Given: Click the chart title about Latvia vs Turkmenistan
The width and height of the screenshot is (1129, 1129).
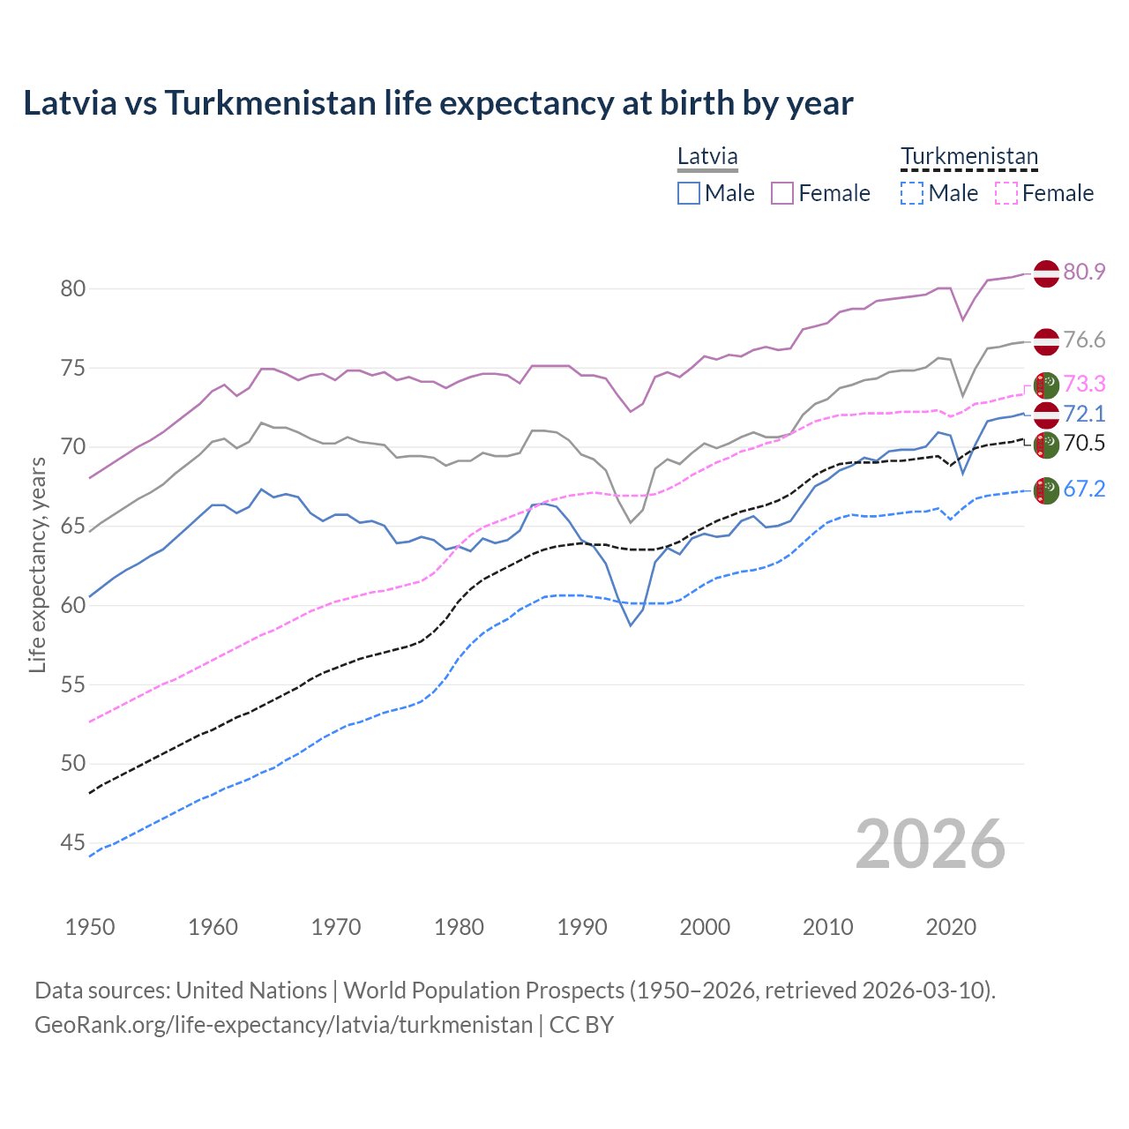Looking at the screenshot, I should [437, 103].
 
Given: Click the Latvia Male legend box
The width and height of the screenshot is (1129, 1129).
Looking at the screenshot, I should [689, 193].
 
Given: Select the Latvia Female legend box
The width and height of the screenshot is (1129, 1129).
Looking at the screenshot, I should [782, 193].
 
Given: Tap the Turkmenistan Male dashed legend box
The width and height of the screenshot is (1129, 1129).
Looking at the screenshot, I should [912, 193].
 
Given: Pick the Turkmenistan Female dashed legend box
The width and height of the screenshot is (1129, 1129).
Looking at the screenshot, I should [1006, 193].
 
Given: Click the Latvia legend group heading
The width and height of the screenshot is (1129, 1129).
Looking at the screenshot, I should [707, 157].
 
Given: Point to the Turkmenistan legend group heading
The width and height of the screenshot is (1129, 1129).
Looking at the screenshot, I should [968, 157].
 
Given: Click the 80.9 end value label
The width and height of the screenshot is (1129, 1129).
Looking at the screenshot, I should [1084, 272].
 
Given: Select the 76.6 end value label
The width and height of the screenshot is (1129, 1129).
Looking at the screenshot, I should [1084, 340].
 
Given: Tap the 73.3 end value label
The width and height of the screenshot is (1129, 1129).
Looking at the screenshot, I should [1084, 384].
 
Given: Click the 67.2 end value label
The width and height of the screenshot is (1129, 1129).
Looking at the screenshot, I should [1084, 490].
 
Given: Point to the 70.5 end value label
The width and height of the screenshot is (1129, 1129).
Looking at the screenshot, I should [1084, 444].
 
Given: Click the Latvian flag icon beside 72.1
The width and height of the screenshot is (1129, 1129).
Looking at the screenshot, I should [1046, 415].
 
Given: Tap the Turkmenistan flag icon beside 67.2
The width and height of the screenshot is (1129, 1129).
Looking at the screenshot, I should [1046, 490].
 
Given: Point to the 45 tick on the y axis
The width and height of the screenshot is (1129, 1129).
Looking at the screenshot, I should [73, 843].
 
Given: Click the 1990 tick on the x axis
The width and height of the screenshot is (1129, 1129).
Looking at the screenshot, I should [582, 927].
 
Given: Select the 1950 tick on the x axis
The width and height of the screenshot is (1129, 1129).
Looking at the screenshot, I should [90, 927].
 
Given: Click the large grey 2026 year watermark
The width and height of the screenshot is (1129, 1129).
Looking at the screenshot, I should [930, 844].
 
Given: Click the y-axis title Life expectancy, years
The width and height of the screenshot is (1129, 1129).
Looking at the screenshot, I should [37, 565].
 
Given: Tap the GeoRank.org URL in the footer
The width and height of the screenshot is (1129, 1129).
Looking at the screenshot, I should [283, 1025].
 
